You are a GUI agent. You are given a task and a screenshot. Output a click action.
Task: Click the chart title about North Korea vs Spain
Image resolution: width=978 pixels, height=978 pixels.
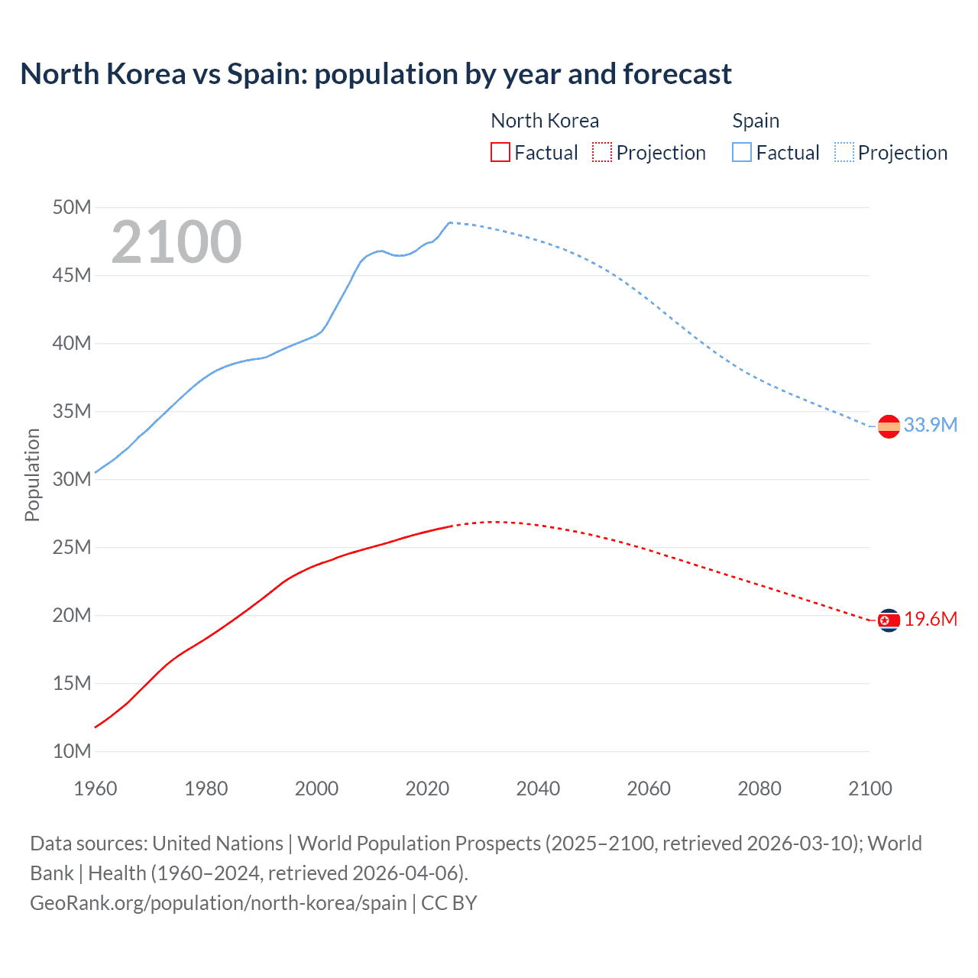click(375, 74)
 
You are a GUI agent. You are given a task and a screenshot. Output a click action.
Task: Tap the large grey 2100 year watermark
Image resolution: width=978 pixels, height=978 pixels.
click(176, 242)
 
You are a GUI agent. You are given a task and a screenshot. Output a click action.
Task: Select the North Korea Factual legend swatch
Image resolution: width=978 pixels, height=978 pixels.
click(500, 153)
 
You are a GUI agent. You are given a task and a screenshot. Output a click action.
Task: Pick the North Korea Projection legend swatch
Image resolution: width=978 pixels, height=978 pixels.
click(602, 153)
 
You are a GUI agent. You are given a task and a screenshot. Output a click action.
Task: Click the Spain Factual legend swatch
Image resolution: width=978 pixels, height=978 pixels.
click(742, 153)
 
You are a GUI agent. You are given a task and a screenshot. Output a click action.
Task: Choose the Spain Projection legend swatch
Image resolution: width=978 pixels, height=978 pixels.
click(844, 153)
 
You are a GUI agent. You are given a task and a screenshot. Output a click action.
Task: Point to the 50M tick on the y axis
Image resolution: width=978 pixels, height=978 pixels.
click(72, 208)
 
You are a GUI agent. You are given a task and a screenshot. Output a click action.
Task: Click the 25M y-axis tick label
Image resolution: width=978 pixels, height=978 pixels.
click(72, 548)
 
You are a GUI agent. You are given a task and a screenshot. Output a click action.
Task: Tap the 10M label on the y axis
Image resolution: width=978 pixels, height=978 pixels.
click(72, 752)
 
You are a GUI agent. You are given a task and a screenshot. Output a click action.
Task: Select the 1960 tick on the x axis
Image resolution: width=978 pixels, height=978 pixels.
click(96, 789)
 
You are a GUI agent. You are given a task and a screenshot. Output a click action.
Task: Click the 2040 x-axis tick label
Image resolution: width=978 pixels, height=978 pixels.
click(538, 789)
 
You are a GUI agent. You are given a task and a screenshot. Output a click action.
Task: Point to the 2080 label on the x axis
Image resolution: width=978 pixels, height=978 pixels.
click(759, 789)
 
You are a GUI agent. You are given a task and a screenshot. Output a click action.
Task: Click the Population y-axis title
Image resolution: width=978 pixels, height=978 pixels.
click(32, 475)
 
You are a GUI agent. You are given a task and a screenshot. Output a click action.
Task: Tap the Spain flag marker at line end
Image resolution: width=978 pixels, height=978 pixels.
click(889, 426)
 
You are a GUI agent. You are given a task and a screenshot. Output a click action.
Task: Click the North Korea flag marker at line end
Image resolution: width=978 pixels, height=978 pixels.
click(889, 620)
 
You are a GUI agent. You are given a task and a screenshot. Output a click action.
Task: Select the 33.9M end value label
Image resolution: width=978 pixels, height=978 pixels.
click(930, 426)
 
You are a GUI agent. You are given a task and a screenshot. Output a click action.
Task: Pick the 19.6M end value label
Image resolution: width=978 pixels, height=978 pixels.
click(930, 620)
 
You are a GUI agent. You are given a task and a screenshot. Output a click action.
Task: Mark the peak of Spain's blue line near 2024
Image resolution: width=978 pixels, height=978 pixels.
click(449, 222)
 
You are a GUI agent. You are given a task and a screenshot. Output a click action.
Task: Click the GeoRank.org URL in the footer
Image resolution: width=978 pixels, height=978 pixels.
click(218, 903)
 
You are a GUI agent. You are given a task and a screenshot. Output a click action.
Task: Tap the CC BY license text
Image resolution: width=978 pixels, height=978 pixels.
click(449, 903)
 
